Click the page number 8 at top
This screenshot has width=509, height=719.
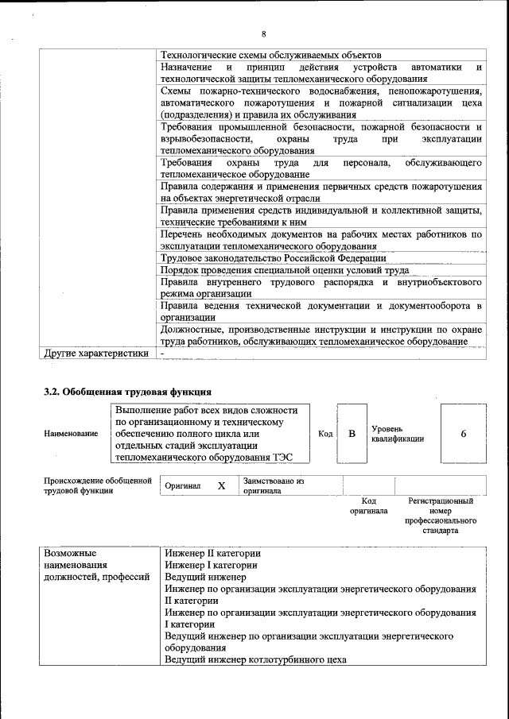(263, 34)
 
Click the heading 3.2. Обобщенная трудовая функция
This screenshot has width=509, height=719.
(127, 392)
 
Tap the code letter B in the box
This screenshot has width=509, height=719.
(351, 434)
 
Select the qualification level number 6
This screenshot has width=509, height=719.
(463, 434)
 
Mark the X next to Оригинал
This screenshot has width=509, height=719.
(222, 485)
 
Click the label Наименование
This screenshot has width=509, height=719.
(72, 434)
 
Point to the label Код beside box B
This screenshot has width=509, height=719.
(325, 434)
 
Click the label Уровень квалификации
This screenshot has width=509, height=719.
(397, 434)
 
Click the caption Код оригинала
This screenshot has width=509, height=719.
(368, 506)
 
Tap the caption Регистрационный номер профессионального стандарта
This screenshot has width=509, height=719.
(441, 516)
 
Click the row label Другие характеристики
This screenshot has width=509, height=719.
(96, 354)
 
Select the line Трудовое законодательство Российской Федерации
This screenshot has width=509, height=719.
(273, 258)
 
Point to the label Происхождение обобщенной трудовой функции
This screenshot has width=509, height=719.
(97, 485)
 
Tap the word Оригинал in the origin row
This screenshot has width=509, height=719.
(182, 485)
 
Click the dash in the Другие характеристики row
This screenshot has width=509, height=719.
(162, 354)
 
